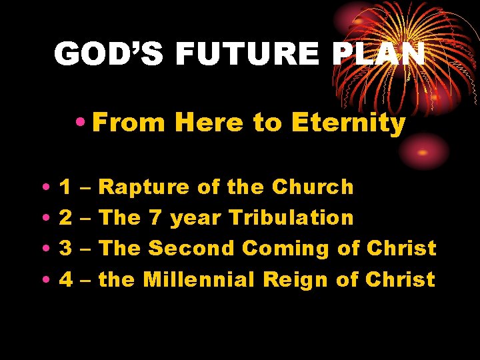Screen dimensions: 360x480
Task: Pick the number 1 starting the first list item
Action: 66,187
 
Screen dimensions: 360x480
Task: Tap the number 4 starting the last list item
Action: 66,279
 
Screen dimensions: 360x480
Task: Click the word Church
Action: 313,187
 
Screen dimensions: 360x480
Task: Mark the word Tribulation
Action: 291,218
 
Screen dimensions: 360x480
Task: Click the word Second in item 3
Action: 191,249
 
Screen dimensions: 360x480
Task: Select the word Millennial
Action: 199,279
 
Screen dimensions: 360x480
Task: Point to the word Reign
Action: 296,279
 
